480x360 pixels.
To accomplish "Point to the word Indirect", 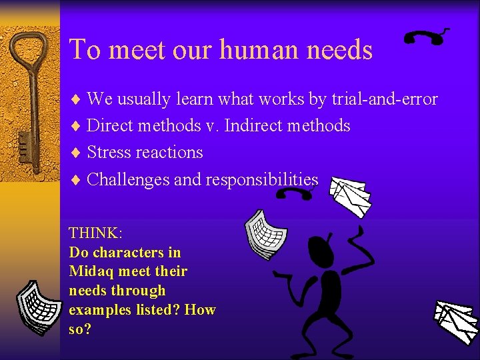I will [x=254, y=125].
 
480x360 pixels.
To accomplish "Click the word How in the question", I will [x=200, y=310].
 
